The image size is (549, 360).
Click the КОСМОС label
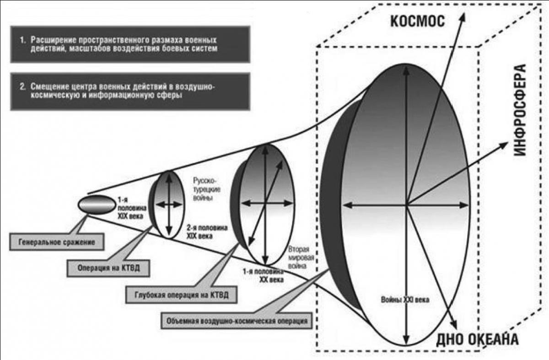pos(417,21)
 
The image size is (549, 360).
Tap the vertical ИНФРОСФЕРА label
pos(520,110)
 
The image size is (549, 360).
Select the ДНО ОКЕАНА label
pos(477,339)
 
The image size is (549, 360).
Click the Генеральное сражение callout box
pos(57,242)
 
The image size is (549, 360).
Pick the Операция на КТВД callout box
pos(108,268)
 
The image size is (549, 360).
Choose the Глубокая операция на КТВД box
pos(181,295)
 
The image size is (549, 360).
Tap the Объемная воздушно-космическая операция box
pos(237,321)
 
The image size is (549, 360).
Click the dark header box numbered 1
pos(130,44)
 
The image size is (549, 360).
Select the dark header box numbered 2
pos(130,91)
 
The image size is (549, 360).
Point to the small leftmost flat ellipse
pos(97,205)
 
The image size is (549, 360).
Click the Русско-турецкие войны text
pos(206,189)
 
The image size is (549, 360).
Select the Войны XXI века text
pos(405,300)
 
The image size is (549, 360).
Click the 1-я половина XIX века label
pos(132,208)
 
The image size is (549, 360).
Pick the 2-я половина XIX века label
pos(207,232)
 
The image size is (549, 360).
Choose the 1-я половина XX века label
pos(263,275)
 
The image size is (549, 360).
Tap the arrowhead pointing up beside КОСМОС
pos(462,18)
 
